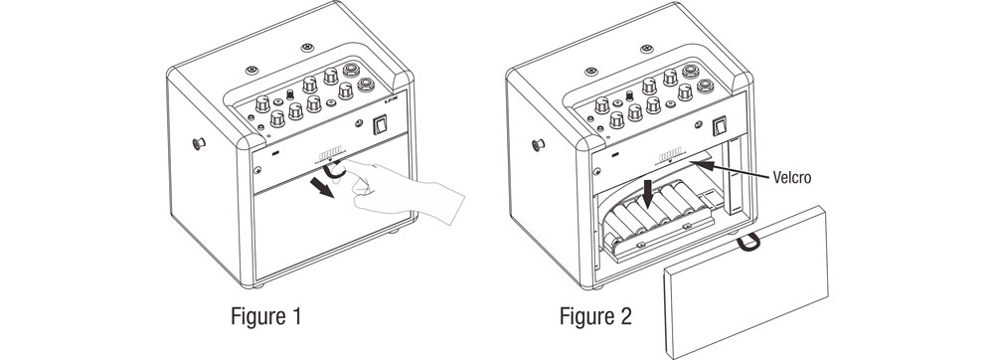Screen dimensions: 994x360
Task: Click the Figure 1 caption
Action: (x=265, y=315)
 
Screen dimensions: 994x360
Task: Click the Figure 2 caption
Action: (x=595, y=315)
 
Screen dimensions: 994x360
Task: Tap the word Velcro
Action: (x=792, y=177)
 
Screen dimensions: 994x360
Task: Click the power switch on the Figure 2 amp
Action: (x=720, y=125)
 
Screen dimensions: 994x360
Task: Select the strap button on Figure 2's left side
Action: (x=538, y=145)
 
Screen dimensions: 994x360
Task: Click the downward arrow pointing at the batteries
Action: (x=647, y=193)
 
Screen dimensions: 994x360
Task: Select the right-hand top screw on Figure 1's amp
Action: (x=307, y=48)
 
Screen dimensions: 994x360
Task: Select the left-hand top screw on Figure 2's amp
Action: (x=590, y=71)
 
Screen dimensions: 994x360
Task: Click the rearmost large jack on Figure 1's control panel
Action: (x=350, y=70)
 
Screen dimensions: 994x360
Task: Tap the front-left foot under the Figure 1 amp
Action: (x=258, y=285)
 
